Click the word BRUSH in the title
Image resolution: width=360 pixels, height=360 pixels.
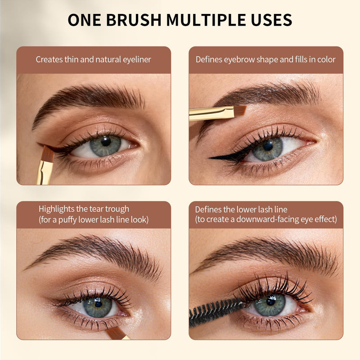pyautogui.click(x=134, y=20)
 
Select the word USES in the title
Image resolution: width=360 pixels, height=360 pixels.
pyautogui.click(x=272, y=20)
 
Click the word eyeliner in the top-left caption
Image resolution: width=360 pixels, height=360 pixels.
pyautogui.click(x=137, y=60)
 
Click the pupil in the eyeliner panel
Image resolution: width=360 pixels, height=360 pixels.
pyautogui.click(x=106, y=141)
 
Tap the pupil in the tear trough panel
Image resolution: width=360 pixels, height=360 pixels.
pyautogui.click(x=99, y=303)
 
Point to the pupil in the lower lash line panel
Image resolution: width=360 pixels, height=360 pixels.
pyautogui.click(x=271, y=301)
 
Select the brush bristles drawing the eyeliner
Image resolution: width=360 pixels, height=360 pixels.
pyautogui.click(x=48, y=153)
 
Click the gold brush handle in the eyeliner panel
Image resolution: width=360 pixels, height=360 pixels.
pyautogui.click(x=44, y=173)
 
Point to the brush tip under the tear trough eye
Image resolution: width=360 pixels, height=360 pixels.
pyautogui.click(x=115, y=333)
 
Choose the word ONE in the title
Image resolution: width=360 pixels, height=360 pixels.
pyautogui.click(x=84, y=20)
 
